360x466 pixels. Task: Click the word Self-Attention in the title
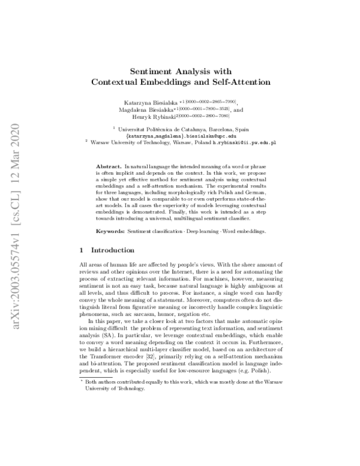click(239, 81)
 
